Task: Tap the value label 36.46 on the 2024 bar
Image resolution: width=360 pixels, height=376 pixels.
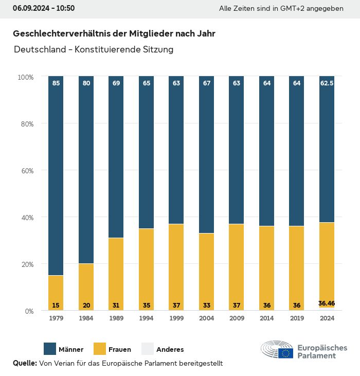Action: click(x=327, y=303)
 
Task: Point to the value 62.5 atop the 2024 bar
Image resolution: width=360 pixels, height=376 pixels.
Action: click(x=327, y=83)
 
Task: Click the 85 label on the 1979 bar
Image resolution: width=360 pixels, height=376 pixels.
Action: click(x=56, y=83)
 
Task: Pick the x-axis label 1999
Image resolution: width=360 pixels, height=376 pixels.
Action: click(x=176, y=318)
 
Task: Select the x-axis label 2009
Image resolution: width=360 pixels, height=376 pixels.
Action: click(x=237, y=318)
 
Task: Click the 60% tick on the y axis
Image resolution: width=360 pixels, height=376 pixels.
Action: click(x=26, y=170)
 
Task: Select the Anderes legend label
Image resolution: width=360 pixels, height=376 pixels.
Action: click(x=170, y=350)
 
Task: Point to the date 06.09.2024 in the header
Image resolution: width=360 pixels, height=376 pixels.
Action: click(x=28, y=8)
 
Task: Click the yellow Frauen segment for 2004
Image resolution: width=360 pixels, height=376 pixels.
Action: click(x=206, y=267)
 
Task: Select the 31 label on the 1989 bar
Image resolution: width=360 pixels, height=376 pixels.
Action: click(x=116, y=306)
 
